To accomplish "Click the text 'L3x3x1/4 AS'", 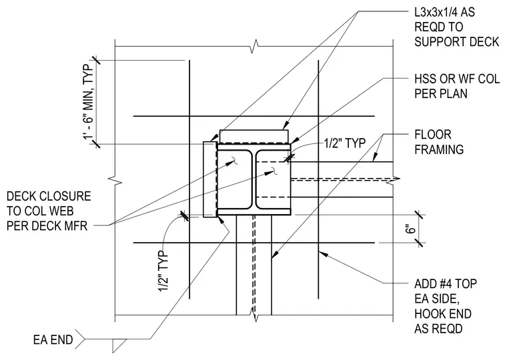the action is pyautogui.click(x=444, y=12).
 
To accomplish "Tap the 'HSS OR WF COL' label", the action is pyautogui.click(x=457, y=79).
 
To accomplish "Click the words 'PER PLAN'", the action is pyautogui.click(x=441, y=93).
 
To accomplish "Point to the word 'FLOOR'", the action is pyautogui.click(x=433, y=135).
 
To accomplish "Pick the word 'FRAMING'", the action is pyautogui.click(x=439, y=149).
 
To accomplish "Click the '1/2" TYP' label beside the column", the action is pyautogui.click(x=345, y=143).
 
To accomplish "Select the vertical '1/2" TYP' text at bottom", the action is pyautogui.click(x=163, y=271).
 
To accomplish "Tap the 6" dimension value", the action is pyautogui.click(x=410, y=229).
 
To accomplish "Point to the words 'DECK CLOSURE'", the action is pyautogui.click(x=49, y=196).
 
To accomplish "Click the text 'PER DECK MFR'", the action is pyautogui.click(x=47, y=225).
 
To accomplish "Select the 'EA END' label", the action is pyautogui.click(x=53, y=340).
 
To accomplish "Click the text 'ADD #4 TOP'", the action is pyautogui.click(x=446, y=284).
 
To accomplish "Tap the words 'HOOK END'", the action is pyautogui.click(x=443, y=313).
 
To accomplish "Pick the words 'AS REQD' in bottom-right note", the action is pyautogui.click(x=438, y=329).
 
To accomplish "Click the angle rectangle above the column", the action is pyautogui.click(x=253, y=137).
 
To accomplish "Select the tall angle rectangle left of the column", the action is pyautogui.click(x=209, y=179).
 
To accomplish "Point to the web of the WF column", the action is pyautogui.click(x=253, y=179).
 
